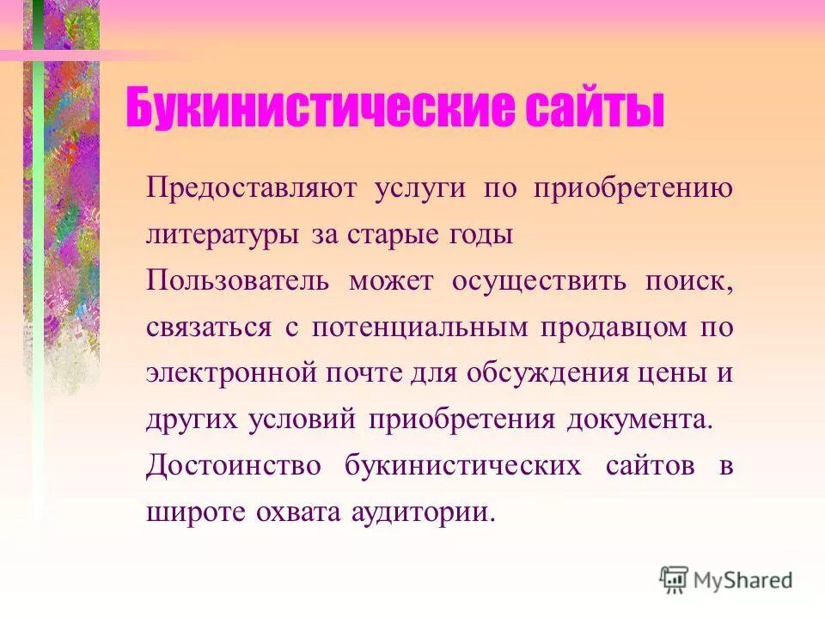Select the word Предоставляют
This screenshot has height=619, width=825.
tap(249, 188)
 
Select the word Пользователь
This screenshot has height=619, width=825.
tap(236, 282)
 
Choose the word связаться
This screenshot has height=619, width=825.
tap(207, 328)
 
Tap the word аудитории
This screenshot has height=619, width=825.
tap(423, 513)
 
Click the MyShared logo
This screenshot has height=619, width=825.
tap(726, 579)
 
